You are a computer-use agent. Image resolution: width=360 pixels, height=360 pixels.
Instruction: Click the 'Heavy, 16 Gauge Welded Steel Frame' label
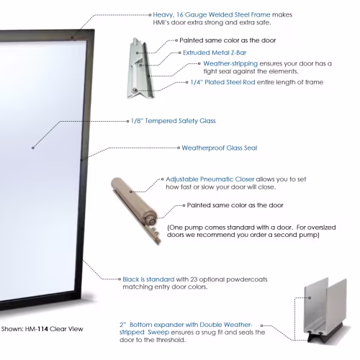(212, 14)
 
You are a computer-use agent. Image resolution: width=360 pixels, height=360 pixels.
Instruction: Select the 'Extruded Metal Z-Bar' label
(215, 53)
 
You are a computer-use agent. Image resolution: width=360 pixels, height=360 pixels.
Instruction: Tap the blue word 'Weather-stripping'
(230, 63)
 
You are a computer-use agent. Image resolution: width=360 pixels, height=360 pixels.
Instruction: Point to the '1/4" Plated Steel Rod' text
(222, 82)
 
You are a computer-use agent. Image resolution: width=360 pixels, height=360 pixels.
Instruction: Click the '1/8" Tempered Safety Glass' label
(173, 121)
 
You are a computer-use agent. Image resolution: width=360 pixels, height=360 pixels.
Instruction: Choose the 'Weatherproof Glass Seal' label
(220, 148)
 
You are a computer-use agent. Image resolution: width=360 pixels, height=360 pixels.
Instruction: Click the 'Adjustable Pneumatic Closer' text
(210, 179)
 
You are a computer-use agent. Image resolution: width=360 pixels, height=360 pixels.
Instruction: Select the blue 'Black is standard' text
(148, 279)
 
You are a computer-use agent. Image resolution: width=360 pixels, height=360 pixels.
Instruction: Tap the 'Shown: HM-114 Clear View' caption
(42, 329)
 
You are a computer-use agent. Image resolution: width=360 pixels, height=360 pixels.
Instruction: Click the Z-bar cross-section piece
(140, 68)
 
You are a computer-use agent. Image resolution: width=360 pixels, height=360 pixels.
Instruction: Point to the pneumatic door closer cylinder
(135, 199)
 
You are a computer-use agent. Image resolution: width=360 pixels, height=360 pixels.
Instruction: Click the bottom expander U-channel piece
(325, 308)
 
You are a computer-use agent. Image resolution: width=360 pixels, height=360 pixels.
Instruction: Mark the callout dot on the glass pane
(33, 148)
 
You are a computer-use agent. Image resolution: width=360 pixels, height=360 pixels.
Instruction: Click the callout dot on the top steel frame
(72, 37)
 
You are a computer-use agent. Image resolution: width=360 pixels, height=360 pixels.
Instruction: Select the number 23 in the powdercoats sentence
(194, 279)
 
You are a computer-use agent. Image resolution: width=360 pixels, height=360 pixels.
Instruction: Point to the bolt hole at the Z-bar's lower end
(135, 91)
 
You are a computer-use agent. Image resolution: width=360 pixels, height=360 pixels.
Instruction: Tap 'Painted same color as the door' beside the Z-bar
(228, 40)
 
